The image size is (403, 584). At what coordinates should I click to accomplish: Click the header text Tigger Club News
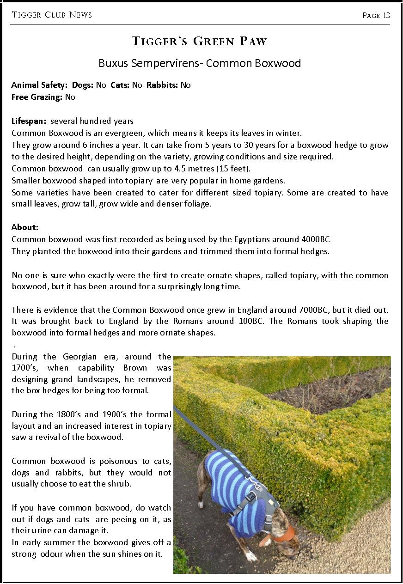pos(52,15)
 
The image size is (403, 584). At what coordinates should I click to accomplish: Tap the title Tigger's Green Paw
pos(199,42)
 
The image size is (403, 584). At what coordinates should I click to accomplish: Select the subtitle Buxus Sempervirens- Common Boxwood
pos(200,63)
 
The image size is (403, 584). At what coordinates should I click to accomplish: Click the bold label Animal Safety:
pos(39,85)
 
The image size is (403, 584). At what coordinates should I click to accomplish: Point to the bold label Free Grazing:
pos(37,97)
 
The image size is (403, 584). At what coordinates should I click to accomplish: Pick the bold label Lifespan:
pos(29,121)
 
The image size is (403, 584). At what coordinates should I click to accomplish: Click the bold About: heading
pos(25,227)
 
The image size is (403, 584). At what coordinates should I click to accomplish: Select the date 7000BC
pos(329,310)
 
